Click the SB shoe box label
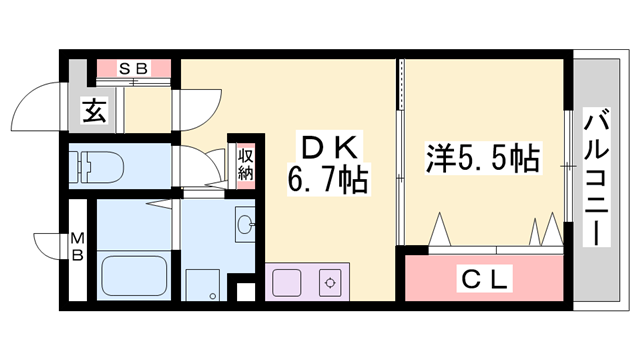(134, 68)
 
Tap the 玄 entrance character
(94, 112)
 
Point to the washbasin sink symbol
(245, 222)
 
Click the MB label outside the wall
(76, 246)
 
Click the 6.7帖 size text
(327, 183)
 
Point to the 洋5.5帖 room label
(482, 158)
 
